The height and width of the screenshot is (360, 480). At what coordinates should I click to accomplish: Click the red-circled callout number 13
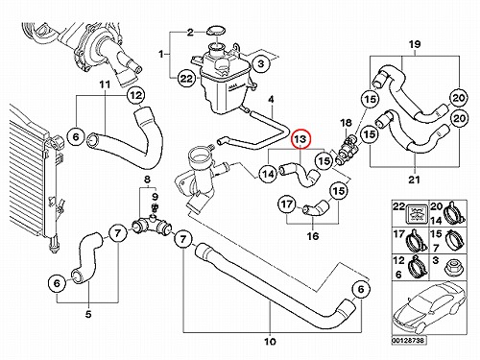click(x=300, y=139)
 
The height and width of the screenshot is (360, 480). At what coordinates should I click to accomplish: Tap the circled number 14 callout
click(x=268, y=174)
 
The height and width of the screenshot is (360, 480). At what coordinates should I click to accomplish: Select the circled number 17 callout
click(x=287, y=204)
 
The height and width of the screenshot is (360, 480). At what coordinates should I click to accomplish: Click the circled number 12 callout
click(x=136, y=95)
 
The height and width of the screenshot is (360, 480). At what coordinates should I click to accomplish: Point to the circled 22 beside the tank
click(x=186, y=79)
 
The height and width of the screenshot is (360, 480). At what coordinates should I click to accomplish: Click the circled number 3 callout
click(x=261, y=63)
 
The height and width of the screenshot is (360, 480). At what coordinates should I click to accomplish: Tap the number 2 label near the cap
click(x=190, y=33)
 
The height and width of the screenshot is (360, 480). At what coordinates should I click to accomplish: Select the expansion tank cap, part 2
click(x=215, y=32)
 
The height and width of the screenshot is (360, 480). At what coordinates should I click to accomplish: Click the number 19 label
click(x=415, y=44)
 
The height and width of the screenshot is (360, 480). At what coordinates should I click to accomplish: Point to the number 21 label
click(x=414, y=180)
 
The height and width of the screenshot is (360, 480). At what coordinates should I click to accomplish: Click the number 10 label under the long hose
click(x=270, y=342)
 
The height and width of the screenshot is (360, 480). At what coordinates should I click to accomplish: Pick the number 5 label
click(x=88, y=314)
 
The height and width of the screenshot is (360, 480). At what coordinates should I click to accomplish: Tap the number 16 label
click(x=313, y=236)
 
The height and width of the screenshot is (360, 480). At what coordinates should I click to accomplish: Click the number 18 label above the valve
click(x=346, y=123)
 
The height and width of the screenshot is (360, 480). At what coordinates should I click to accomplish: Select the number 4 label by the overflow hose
click(x=271, y=100)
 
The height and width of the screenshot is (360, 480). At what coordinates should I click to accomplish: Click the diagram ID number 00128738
click(x=409, y=340)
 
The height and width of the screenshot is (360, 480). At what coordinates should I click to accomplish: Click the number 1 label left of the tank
click(x=161, y=55)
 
